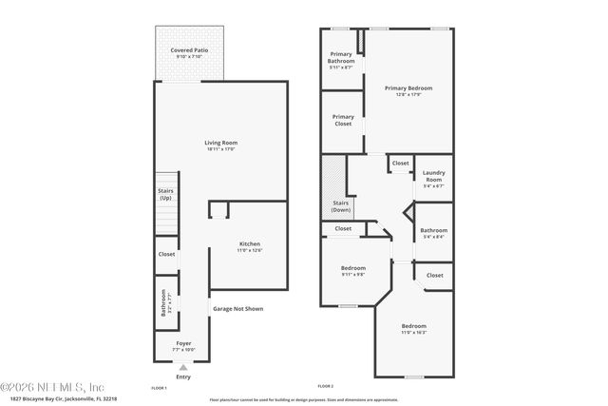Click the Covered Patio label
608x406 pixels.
(189, 49)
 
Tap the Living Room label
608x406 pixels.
(220, 143)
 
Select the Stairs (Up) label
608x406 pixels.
(165, 194)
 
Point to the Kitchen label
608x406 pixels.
(249, 244)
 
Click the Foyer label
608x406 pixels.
(183, 342)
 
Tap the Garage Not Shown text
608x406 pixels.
(237, 309)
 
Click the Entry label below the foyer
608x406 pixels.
(182, 377)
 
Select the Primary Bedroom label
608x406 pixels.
(408, 88)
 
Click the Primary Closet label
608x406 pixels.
(343, 120)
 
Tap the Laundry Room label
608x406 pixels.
(433, 176)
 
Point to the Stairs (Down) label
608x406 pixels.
(341, 206)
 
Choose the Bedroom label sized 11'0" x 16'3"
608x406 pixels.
(413, 326)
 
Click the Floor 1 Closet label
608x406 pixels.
(166, 254)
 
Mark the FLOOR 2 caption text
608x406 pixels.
(326, 386)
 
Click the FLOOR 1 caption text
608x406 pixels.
(160, 388)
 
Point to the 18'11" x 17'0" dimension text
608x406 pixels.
(220, 149)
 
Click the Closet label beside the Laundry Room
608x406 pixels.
(400, 163)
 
